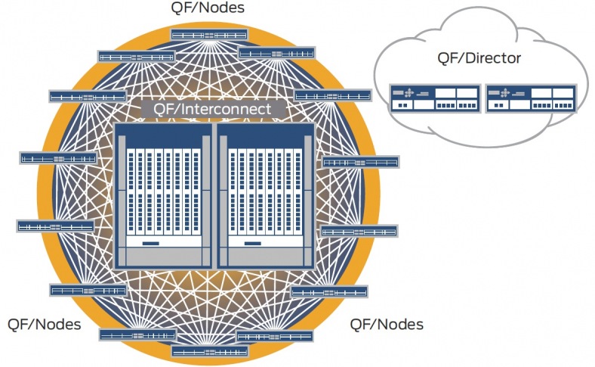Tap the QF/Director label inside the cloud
point(479,57)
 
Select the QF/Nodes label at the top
point(208,9)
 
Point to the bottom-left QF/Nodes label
point(45,324)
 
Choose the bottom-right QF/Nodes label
point(387,324)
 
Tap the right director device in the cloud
point(531,97)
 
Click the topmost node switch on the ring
point(209,35)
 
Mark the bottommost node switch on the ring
point(209,351)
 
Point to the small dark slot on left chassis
point(150,244)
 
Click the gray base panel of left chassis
point(162,258)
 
